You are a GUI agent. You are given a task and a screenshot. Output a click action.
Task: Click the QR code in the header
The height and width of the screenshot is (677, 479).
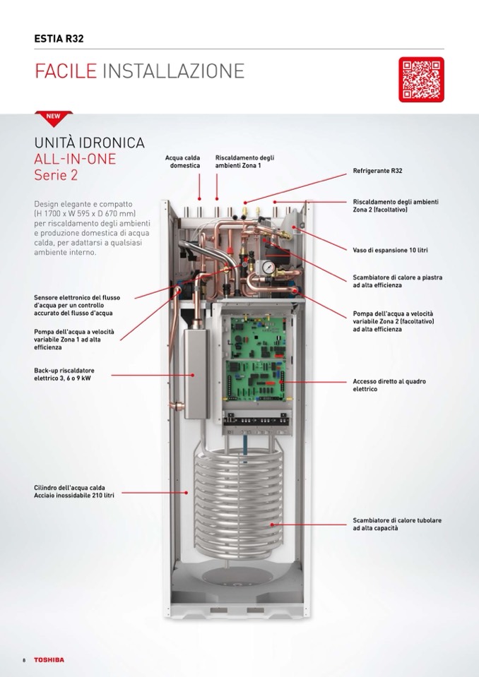click(421, 80)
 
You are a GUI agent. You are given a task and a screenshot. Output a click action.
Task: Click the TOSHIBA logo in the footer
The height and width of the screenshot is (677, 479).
click(49, 660)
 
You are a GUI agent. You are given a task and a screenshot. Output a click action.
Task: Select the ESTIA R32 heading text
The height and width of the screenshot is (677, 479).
click(59, 38)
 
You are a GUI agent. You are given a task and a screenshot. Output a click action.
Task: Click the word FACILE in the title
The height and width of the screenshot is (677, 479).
click(66, 71)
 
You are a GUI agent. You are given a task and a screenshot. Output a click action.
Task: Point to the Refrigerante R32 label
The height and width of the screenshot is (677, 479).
click(377, 171)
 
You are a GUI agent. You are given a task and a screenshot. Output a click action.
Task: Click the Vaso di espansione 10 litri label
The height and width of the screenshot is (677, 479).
click(391, 250)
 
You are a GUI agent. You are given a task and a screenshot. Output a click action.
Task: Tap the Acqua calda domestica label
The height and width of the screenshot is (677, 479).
click(183, 162)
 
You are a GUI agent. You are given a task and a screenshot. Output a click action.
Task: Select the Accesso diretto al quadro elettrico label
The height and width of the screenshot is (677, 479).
click(389, 385)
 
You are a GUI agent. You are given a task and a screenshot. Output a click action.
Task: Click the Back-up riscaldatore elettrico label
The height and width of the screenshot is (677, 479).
click(64, 374)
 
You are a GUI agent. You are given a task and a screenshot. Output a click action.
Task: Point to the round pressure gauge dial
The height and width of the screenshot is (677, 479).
click(268, 268)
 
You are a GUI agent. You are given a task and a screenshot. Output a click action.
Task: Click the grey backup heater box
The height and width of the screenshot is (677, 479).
click(196, 374)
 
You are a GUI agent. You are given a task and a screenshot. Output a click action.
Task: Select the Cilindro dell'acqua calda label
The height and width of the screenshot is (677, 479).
click(74, 491)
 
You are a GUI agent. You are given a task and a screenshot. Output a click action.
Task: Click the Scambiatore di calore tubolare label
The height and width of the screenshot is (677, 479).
click(397, 524)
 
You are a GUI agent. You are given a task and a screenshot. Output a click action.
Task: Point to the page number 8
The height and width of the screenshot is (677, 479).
click(24, 660)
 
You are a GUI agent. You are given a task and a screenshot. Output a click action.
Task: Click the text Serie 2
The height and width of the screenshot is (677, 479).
click(56, 175)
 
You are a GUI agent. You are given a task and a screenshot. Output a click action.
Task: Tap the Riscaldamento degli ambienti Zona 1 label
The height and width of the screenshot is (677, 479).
click(244, 162)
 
